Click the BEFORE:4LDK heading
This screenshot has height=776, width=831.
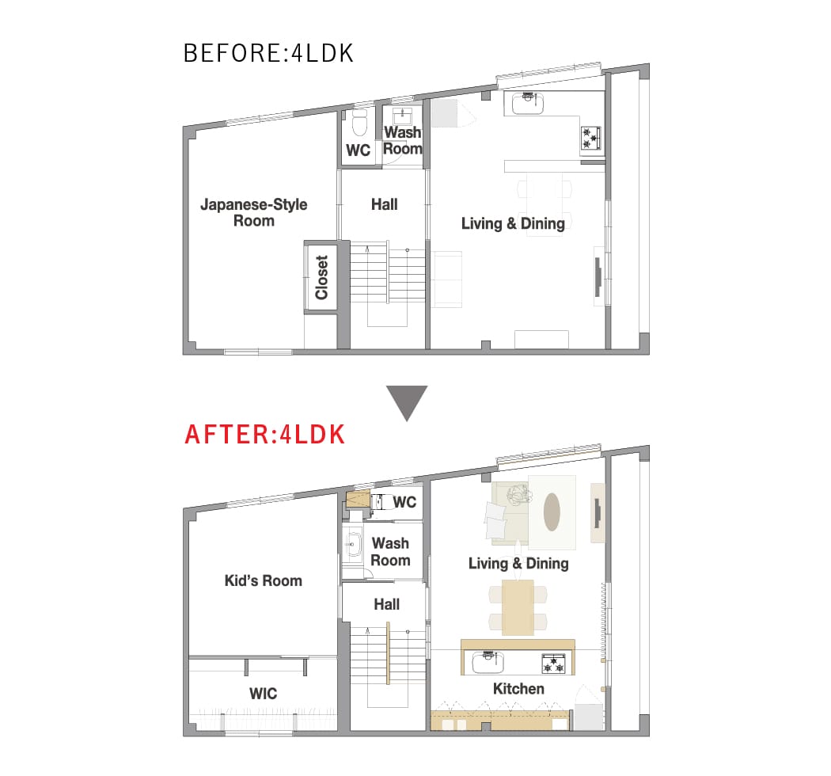tap(268, 53)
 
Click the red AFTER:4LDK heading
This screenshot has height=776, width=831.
tap(264, 435)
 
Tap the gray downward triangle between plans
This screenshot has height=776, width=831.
tap(407, 402)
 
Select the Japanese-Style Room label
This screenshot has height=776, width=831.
tap(254, 213)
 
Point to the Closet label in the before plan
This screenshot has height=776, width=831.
tap(321, 277)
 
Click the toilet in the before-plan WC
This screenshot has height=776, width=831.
tap(359, 124)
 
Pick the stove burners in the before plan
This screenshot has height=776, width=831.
tap(590, 137)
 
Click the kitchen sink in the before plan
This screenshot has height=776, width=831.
tap(527, 104)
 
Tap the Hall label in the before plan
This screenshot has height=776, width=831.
tap(384, 204)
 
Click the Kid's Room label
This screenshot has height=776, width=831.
tap(264, 580)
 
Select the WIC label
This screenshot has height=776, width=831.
tap(264, 694)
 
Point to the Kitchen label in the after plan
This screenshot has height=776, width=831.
tap(518, 688)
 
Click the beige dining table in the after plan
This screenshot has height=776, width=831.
tap(518, 607)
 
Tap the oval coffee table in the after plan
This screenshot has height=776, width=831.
tap(552, 512)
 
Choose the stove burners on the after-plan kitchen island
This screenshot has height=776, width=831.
tap(553, 664)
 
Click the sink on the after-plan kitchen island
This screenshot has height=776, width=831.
tap(488, 662)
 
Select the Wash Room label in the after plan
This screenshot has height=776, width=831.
tap(391, 552)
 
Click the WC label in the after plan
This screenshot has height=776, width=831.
tap(404, 502)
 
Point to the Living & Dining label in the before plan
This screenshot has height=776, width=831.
tap(513, 224)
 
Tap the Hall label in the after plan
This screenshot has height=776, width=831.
tap(387, 604)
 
